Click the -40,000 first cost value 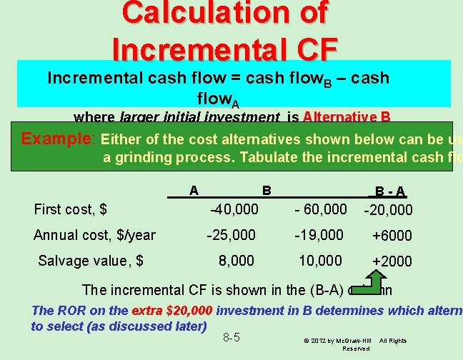click(x=234, y=209)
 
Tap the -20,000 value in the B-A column click(x=388, y=210)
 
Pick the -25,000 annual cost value click(x=231, y=235)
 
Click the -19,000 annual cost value click(x=320, y=235)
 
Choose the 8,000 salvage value click(x=237, y=261)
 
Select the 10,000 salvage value click(x=320, y=261)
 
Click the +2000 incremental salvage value click(x=392, y=261)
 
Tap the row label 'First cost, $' click(x=71, y=209)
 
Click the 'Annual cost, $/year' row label click(x=95, y=235)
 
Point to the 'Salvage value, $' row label click(x=91, y=261)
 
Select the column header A click(x=194, y=191)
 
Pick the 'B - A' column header click(x=388, y=191)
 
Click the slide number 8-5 click(x=231, y=336)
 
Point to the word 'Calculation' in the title click(x=215, y=12)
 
